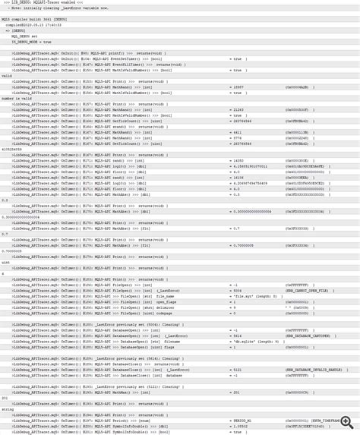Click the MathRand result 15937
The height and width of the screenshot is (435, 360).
pyautogui.click(x=238, y=87)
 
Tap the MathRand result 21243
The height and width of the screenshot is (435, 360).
pyautogui.click(x=238, y=109)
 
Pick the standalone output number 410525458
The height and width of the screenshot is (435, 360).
pyautogui.click(x=12, y=150)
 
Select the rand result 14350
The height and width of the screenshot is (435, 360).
pyautogui.click(x=238, y=161)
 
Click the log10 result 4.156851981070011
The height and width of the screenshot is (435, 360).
pyautogui.click(x=250, y=166)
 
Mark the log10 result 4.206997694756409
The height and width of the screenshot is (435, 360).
pyautogui.click(x=250, y=183)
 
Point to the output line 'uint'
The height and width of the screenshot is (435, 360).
pyautogui.click(x=6, y=263)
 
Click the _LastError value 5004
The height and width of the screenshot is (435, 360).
pyautogui.click(x=237, y=290)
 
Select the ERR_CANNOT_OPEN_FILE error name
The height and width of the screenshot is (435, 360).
pyautogui.click(x=307, y=290)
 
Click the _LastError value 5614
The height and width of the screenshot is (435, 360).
pyautogui.click(x=237, y=336)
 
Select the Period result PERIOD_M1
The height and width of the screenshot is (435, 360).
pyautogui.click(x=242, y=420)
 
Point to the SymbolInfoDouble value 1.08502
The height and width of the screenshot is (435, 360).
pyautogui.click(x=240, y=426)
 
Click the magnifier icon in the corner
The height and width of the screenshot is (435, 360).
pyautogui.click(x=347, y=422)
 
